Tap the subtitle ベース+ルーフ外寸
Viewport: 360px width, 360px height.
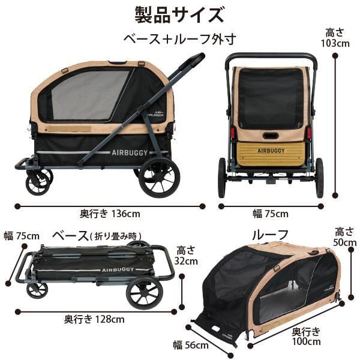point(179,39)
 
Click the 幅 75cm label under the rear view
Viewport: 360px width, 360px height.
point(269,213)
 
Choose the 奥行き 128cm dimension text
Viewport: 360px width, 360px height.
point(94,319)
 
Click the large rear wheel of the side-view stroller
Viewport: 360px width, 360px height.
point(159,178)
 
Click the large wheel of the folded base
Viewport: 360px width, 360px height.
point(144,292)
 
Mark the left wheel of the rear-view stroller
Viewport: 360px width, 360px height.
point(222,178)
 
